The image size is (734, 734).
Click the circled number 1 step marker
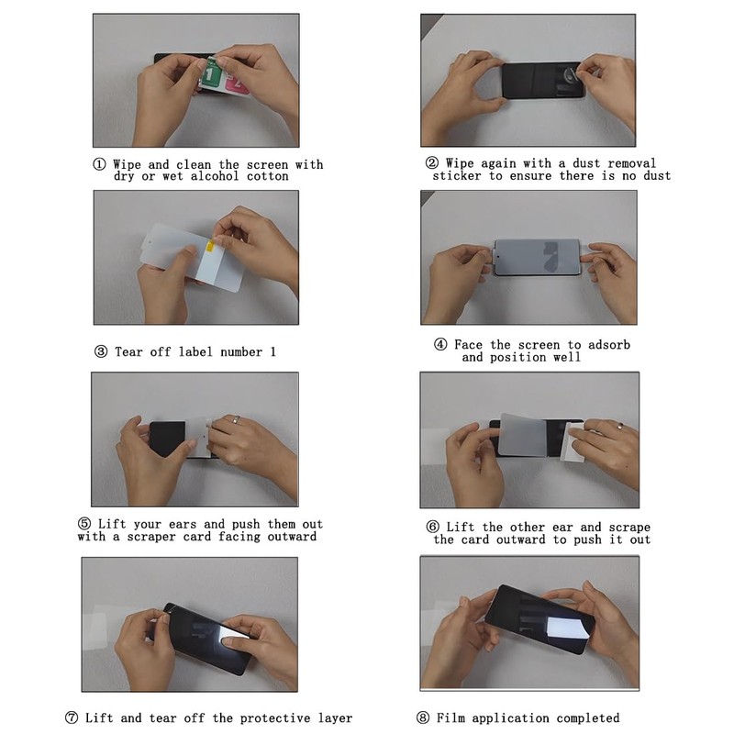(x=99, y=164)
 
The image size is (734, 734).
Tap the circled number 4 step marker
(x=440, y=345)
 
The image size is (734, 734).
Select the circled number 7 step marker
(x=72, y=717)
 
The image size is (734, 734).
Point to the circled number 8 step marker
(x=423, y=717)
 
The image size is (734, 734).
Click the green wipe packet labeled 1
(x=212, y=73)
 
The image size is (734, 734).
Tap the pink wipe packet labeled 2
(x=238, y=83)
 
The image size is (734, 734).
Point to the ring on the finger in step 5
(x=237, y=419)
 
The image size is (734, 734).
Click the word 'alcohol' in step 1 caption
(x=215, y=176)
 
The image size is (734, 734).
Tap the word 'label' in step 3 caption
(x=195, y=351)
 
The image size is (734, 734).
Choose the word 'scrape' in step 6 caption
(x=629, y=527)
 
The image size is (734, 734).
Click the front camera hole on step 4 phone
(x=499, y=257)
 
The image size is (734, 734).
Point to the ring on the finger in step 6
(x=620, y=426)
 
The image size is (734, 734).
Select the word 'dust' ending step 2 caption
(x=657, y=176)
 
